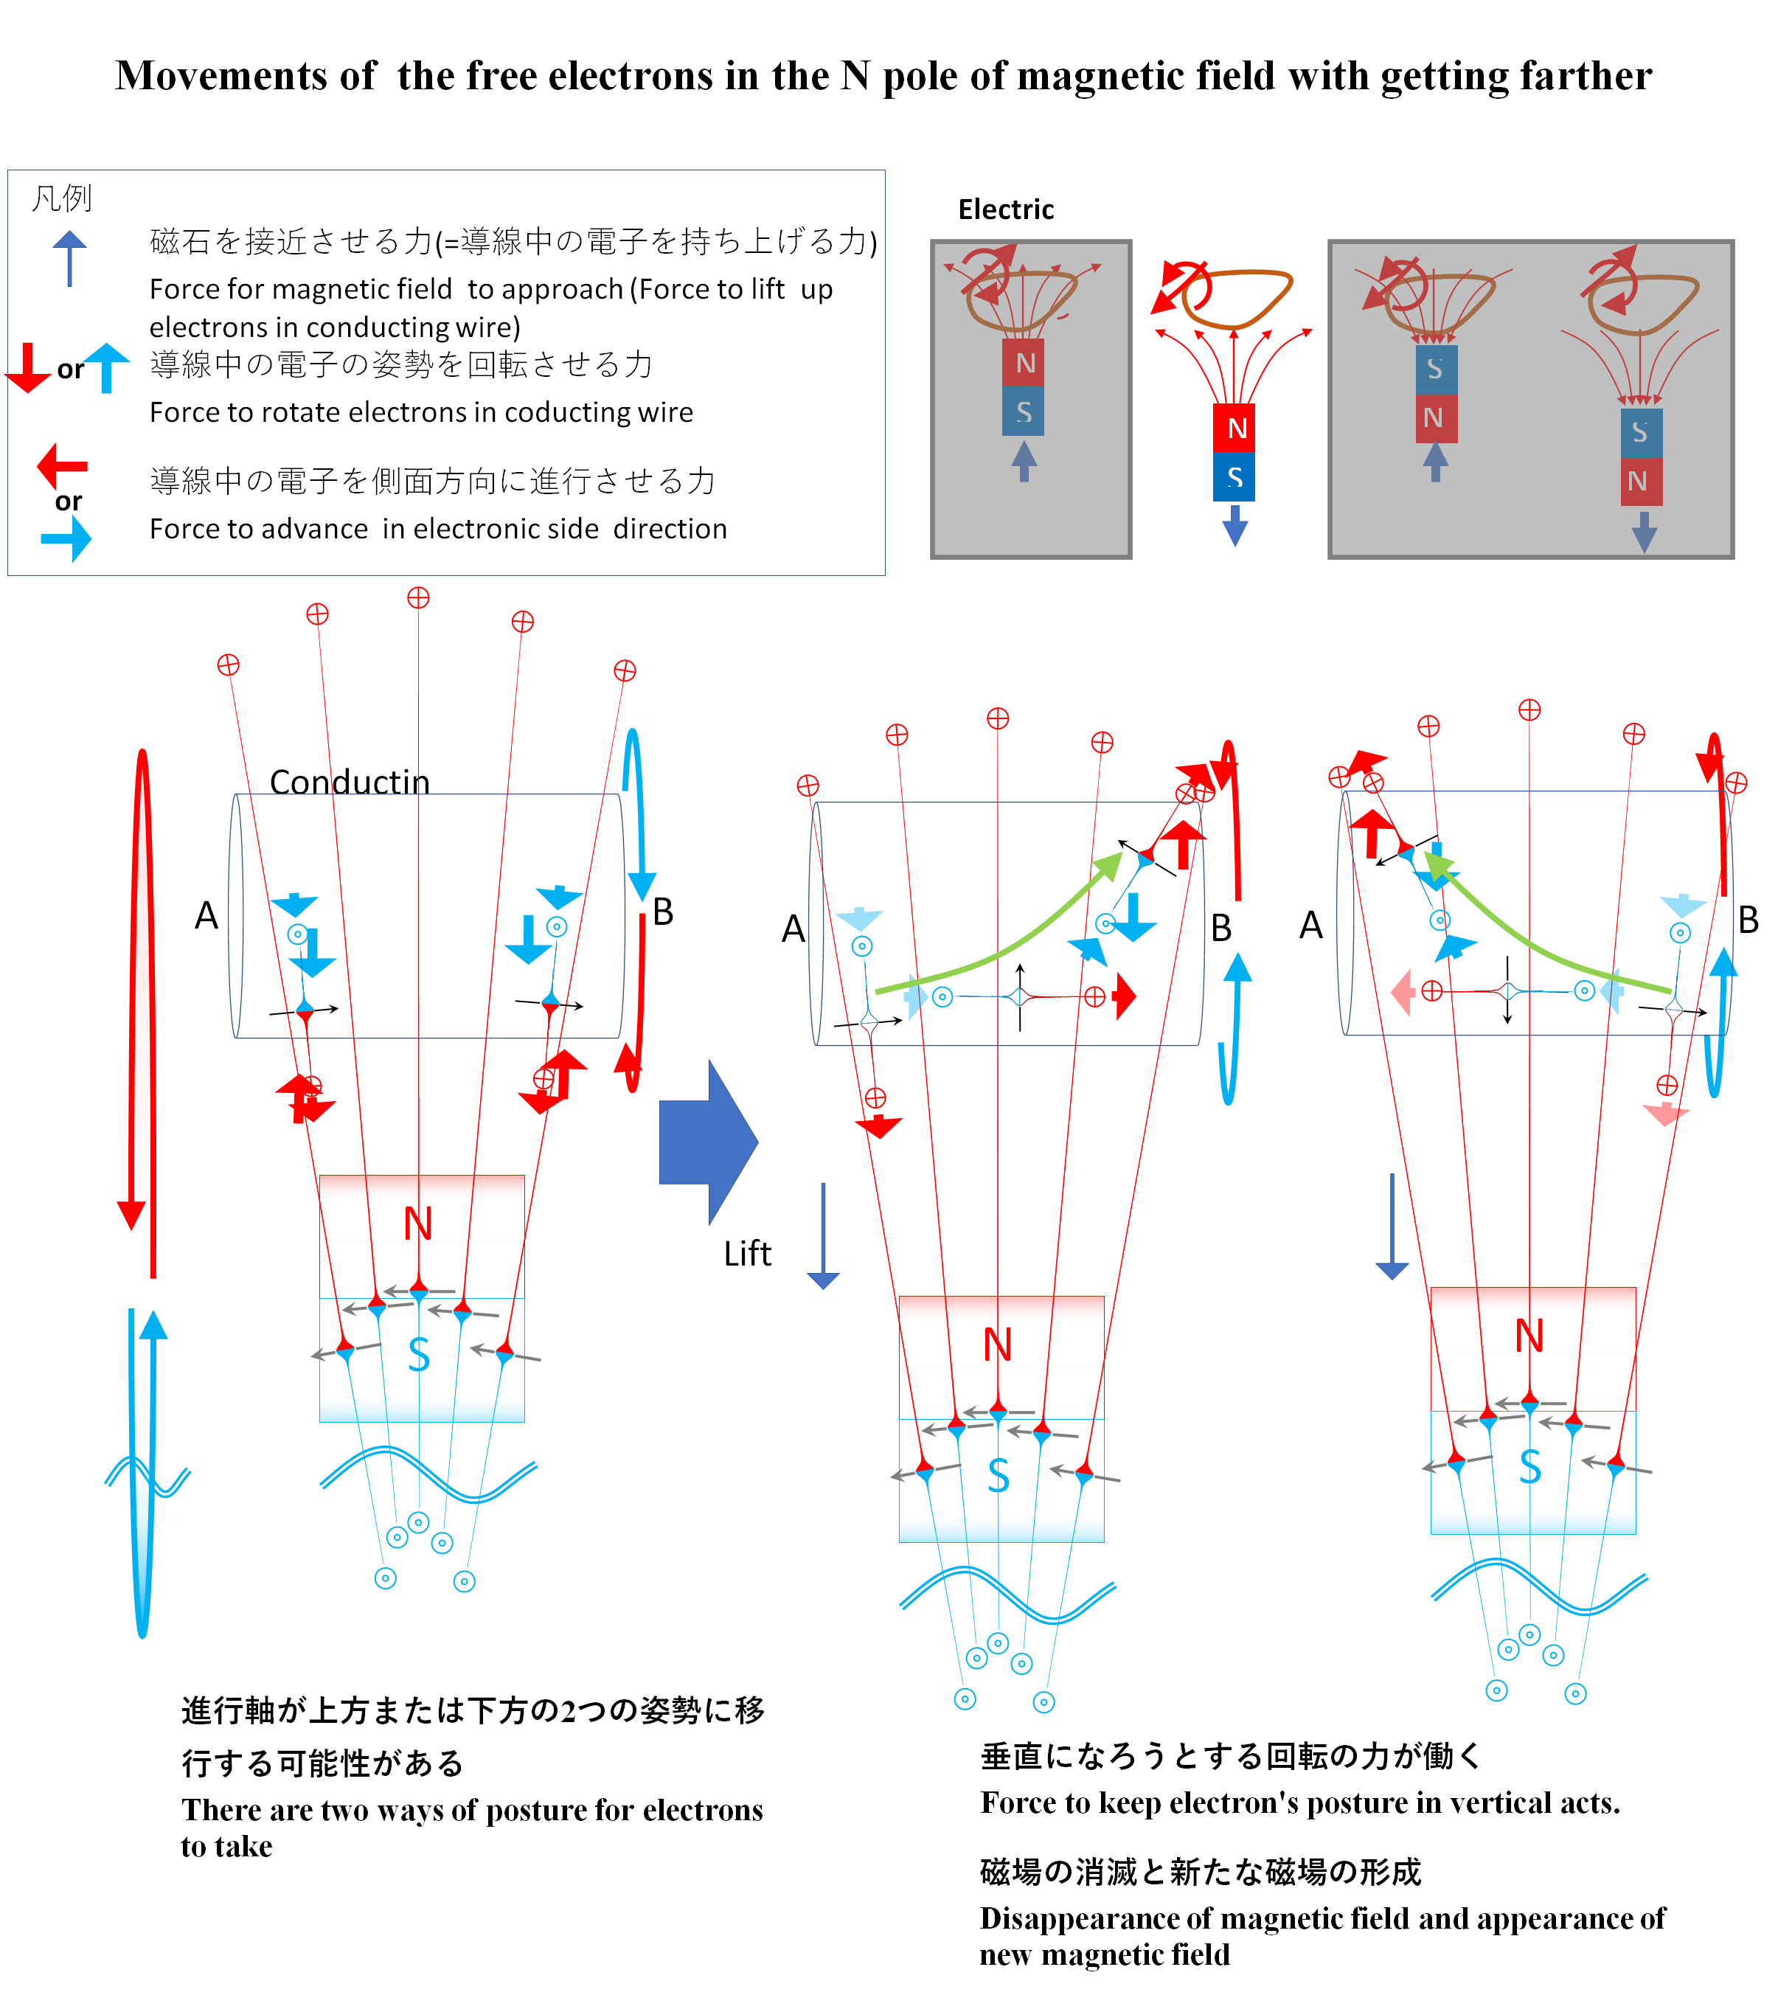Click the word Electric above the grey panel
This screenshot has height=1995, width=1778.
[1005, 209]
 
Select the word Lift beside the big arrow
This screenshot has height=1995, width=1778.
[747, 1254]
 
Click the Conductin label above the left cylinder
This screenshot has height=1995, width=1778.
[350, 782]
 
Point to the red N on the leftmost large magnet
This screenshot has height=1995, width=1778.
[418, 1224]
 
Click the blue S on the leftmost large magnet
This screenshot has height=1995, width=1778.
[419, 1355]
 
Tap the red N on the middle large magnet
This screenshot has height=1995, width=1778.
[998, 1345]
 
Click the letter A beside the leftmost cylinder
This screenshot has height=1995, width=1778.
[206, 915]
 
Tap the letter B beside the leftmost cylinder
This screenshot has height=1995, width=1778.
[663, 912]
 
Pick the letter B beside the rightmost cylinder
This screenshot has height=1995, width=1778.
[1749, 920]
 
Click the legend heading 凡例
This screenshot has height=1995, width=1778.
[61, 198]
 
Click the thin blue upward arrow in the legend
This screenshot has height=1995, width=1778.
[69, 259]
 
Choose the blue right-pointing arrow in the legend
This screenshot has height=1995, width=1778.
[66, 538]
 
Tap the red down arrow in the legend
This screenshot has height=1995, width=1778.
[28, 368]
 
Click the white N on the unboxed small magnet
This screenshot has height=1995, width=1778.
[1237, 428]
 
